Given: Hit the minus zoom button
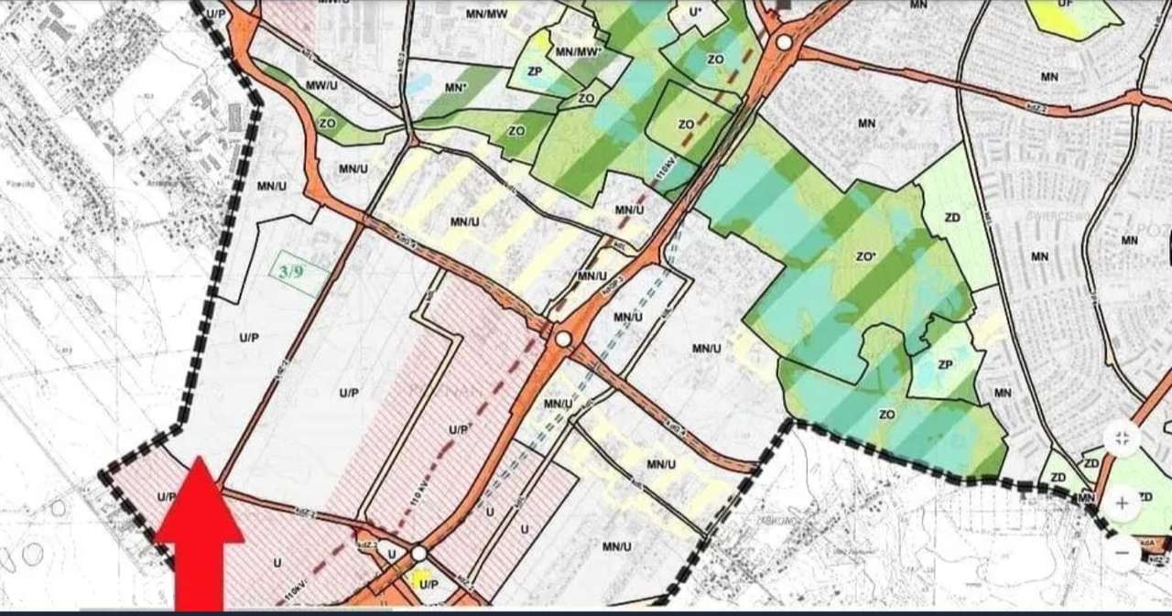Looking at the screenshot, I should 1122,552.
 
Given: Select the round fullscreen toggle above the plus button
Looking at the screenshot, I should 1122,438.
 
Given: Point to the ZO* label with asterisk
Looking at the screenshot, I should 866,258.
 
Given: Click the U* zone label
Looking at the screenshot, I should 696,12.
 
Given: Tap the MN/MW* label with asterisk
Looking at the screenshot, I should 579,51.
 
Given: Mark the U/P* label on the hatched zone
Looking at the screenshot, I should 460,429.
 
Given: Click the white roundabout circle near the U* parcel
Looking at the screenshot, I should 784,43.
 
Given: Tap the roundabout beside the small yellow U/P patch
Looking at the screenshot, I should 418,553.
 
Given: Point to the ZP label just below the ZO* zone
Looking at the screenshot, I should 946,365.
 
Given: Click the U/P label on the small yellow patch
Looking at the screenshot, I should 429,583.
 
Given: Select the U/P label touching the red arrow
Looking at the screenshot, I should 166,497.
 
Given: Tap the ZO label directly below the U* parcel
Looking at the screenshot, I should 716,59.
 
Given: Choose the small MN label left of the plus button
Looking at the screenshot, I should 1087,498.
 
